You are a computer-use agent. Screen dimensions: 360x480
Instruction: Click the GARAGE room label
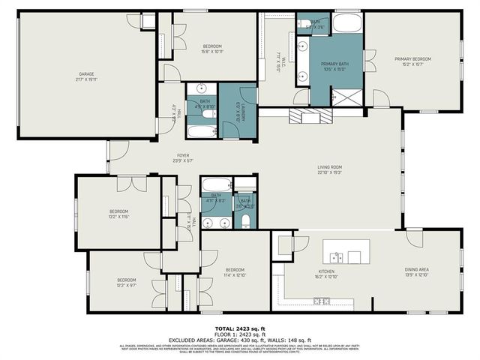(x=87, y=73)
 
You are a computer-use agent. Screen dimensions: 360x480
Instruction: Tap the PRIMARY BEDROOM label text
(x=413, y=58)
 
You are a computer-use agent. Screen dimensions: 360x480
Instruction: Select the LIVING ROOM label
(x=330, y=167)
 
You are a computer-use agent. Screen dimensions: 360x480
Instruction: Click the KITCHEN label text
(x=328, y=271)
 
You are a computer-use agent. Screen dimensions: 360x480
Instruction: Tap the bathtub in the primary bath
(x=346, y=22)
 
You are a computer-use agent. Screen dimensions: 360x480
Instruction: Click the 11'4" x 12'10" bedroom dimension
(x=235, y=274)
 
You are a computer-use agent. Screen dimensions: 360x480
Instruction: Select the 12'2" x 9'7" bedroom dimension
(x=126, y=285)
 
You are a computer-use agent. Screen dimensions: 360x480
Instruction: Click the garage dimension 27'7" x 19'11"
(x=87, y=79)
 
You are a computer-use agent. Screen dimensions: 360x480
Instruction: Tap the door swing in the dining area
(x=415, y=238)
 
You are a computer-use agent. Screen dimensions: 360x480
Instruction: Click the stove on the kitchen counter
(x=322, y=301)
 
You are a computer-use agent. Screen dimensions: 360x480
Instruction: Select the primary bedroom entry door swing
(x=380, y=98)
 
